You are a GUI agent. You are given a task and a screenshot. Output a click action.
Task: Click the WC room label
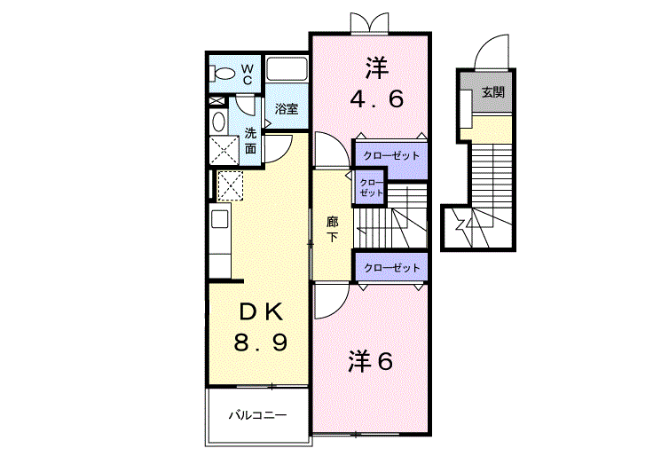[247, 74]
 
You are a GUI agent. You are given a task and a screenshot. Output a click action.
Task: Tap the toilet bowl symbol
[223, 74]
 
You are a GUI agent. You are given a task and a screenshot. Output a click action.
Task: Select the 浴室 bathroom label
[287, 109]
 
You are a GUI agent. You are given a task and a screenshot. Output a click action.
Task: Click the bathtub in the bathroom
[287, 69]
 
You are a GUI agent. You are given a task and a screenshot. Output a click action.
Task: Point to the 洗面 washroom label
[250, 141]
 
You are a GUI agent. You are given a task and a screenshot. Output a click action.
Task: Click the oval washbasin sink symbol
[219, 122]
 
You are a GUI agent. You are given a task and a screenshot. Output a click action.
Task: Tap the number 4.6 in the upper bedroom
[377, 99]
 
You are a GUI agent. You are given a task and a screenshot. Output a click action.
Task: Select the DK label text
[261, 313]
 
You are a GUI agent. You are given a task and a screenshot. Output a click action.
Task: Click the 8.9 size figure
[260, 342]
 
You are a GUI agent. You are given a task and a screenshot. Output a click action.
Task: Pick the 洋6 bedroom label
[370, 362]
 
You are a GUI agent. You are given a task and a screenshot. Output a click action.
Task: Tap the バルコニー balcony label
[257, 415]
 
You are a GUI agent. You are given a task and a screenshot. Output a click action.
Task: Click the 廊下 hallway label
[333, 229]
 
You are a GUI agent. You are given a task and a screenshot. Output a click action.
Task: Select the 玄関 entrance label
[493, 92]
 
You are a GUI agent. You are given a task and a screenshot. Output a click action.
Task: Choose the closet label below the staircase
[391, 268]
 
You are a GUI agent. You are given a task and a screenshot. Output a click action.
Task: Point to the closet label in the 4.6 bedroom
[391, 156]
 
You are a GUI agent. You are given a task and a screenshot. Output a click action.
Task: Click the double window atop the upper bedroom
[369, 23]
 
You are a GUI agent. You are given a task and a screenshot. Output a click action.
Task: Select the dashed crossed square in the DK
[230, 186]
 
